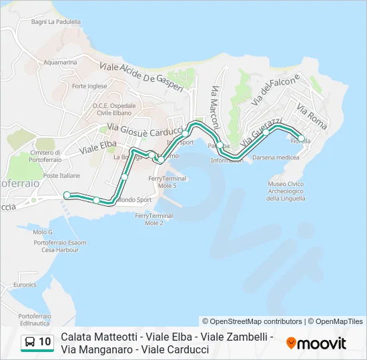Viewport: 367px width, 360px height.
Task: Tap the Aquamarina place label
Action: tap(61, 62)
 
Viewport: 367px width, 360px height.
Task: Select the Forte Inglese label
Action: tap(89, 86)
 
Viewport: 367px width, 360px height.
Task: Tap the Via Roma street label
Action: tap(312, 116)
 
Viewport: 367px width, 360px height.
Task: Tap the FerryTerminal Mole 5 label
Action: tap(163, 182)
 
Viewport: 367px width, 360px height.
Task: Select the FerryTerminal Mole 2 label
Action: tap(153, 219)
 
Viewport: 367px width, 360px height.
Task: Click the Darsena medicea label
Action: tap(276, 157)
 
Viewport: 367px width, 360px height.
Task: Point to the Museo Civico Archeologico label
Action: tap(286, 191)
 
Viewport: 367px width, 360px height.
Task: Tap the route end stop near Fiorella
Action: tap(302, 139)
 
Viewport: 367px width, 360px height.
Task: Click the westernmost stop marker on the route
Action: tap(67, 195)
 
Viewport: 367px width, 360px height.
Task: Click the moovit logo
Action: tap(316, 343)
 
